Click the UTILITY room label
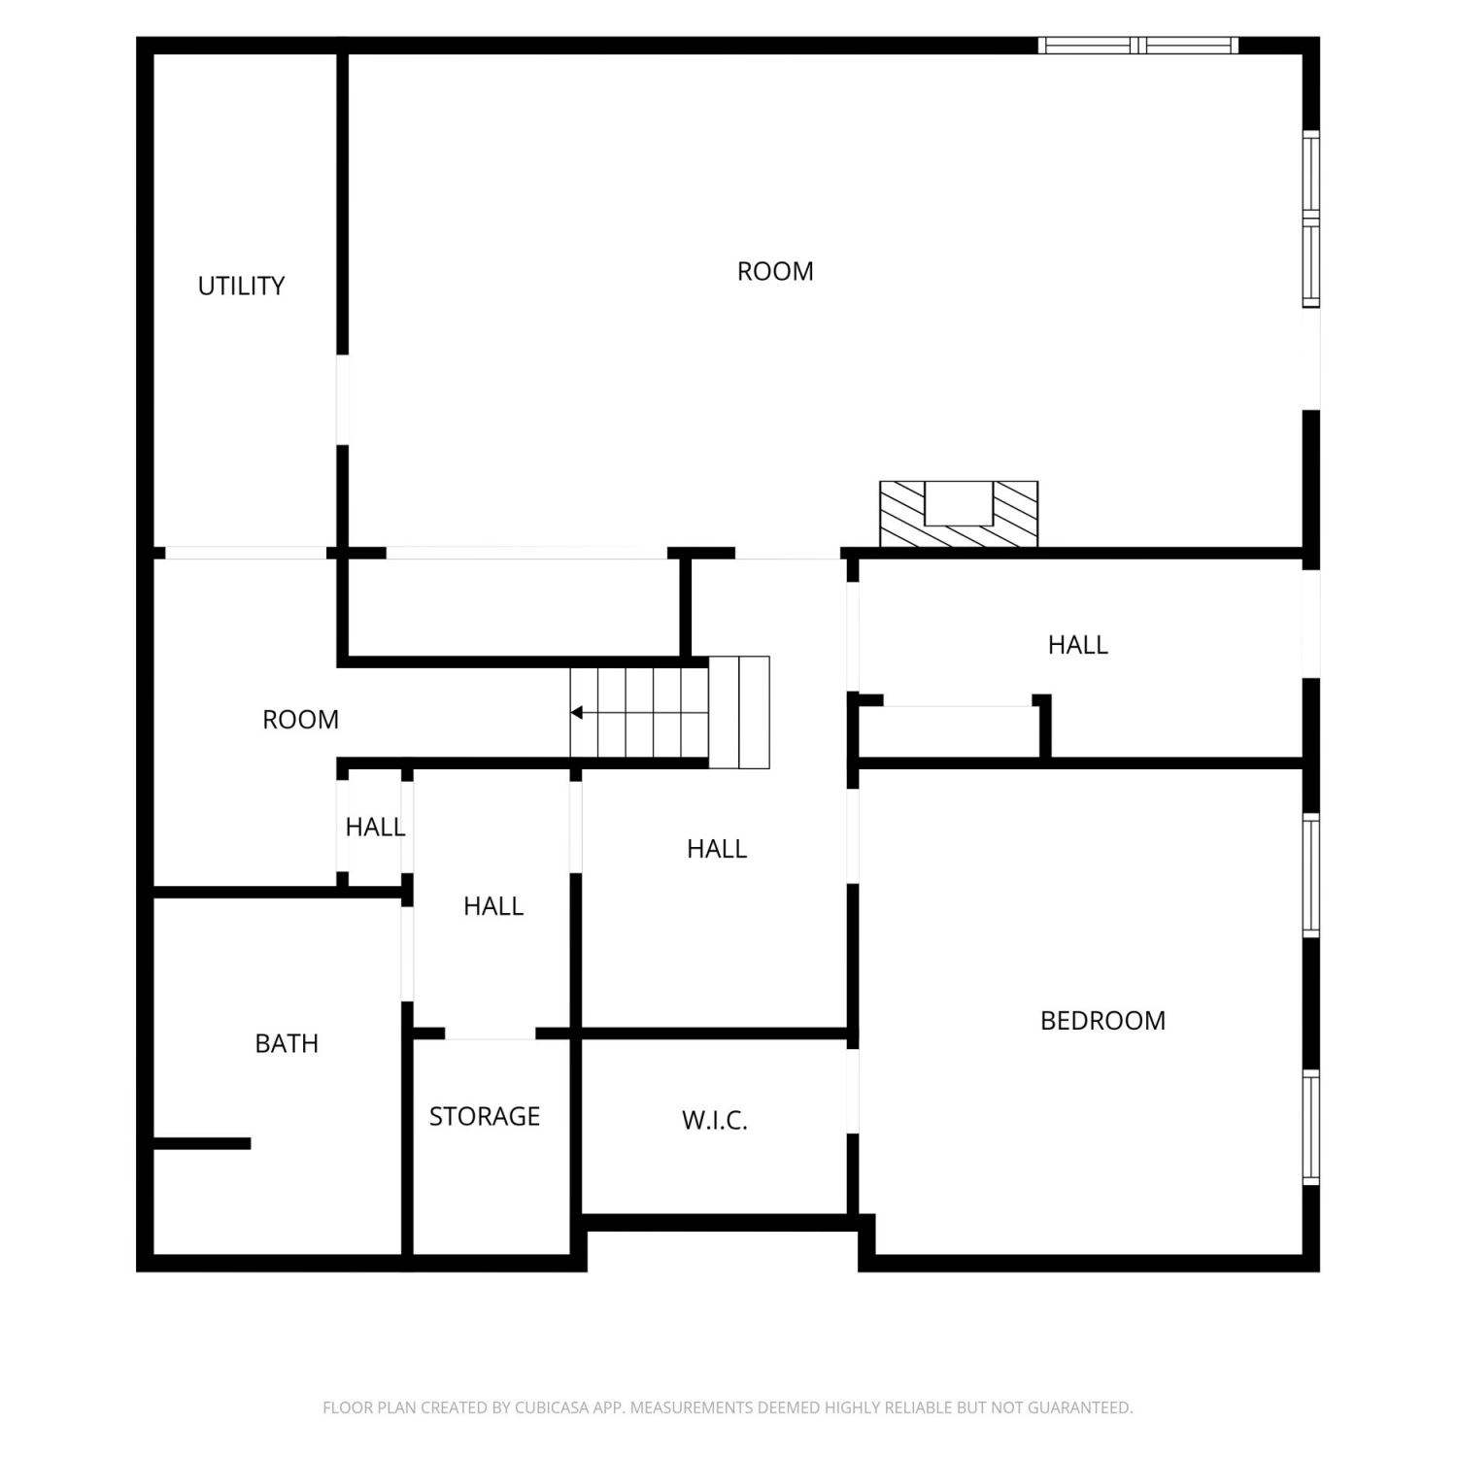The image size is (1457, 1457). click(x=241, y=286)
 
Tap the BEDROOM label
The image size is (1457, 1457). click(x=1102, y=1020)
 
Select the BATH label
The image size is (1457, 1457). click(x=287, y=1043)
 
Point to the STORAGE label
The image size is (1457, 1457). click(x=485, y=1116)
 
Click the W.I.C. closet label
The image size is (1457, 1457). click(x=715, y=1120)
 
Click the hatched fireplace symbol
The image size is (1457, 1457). click(x=959, y=514)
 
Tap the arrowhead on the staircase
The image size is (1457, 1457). click(x=576, y=713)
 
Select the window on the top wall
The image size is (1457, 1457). click(x=1138, y=45)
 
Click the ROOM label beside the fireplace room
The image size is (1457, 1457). click(x=775, y=271)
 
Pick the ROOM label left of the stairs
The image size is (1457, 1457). click(x=300, y=720)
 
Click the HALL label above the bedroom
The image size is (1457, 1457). click(x=1078, y=645)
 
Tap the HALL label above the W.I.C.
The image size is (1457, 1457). click(x=717, y=849)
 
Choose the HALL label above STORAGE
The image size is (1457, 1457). click(x=493, y=906)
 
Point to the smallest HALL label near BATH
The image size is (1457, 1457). click(x=375, y=827)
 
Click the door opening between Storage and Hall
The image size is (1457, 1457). click(x=491, y=1033)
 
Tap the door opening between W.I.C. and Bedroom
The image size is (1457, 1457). click(x=853, y=1091)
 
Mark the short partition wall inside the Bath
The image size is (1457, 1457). click(x=202, y=1143)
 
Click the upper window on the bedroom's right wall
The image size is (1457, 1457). click(x=1311, y=875)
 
